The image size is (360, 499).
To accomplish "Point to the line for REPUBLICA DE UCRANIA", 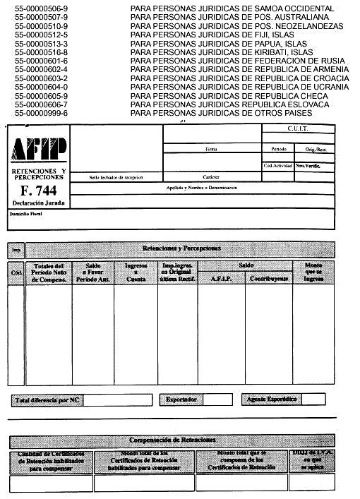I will click(x=240, y=87).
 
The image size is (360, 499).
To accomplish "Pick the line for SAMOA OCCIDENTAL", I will click(x=232, y=9).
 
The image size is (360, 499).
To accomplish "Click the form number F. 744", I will click(x=38, y=191).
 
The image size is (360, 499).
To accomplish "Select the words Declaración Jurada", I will click(x=39, y=203).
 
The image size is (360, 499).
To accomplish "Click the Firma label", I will click(x=211, y=150).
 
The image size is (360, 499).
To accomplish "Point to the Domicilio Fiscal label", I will click(x=26, y=213).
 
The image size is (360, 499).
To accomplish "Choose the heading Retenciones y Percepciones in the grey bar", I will click(x=181, y=248).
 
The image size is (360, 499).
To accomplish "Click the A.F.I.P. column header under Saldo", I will click(x=222, y=278).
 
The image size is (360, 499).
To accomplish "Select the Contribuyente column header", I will click(x=269, y=278).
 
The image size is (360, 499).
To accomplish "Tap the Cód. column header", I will click(x=17, y=272).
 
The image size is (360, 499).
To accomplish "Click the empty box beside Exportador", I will click(x=217, y=399).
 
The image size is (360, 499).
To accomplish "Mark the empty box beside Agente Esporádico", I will click(x=314, y=399).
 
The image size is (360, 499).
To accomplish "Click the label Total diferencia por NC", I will click(x=46, y=400).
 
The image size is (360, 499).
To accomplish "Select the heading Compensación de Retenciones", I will click(x=181, y=440).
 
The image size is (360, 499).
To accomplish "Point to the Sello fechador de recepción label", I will click(x=116, y=176).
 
